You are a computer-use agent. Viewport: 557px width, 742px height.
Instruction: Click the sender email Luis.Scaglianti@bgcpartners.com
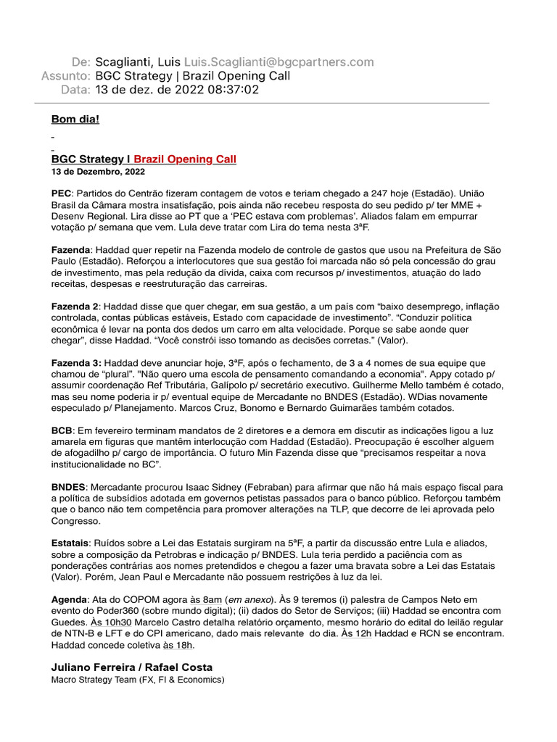coord(279,62)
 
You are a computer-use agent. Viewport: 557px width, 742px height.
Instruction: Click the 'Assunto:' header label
coord(66,76)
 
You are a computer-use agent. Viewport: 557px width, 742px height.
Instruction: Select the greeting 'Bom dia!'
coord(75,119)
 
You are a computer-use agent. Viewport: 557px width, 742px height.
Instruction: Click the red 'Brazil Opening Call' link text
coord(185,159)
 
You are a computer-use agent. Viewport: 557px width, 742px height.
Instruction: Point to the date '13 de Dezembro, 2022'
coord(98,172)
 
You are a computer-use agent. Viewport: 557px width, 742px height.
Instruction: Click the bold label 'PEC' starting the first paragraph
coord(61,193)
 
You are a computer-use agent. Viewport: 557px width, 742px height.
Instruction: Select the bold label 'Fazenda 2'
coord(75,307)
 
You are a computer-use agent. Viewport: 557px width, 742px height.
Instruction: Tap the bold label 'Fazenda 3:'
coord(76,362)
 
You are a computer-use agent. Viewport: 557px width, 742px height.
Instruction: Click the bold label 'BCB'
coord(62,430)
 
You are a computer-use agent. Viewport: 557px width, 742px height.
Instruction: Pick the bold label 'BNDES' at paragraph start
coord(68,487)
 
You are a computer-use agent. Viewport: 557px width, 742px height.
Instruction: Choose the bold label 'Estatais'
coord(70,543)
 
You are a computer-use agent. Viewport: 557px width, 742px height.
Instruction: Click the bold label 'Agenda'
coord(68,600)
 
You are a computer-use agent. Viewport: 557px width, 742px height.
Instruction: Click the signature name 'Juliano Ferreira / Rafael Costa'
coord(132,667)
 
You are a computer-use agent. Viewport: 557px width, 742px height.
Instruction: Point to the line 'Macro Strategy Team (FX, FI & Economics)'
coord(138,680)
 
